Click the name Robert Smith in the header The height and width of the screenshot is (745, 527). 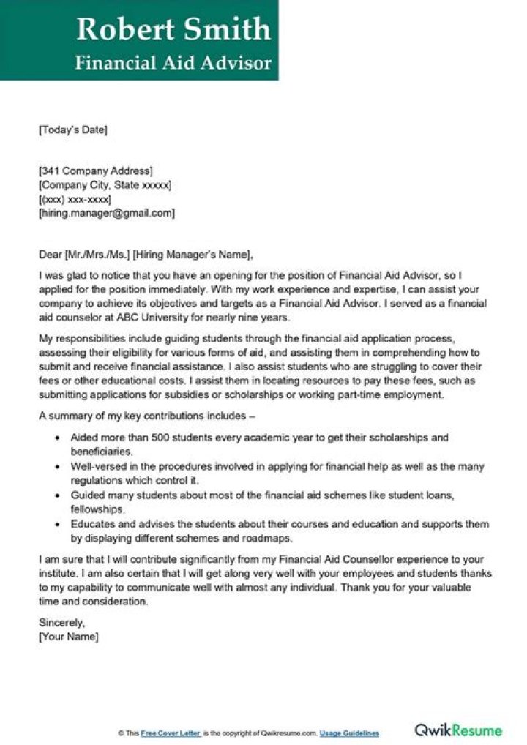173,29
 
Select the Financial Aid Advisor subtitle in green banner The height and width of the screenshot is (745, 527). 173,62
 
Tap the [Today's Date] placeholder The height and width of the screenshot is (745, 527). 72,130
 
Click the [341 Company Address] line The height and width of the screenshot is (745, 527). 95,171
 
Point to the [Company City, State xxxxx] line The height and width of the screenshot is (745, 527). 105,185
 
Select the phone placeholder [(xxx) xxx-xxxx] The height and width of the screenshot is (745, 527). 75,199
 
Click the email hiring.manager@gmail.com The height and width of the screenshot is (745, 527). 107,213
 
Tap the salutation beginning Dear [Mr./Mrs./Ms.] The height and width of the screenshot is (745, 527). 146,255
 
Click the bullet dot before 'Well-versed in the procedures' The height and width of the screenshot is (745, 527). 58,467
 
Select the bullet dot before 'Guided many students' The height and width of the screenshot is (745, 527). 58,496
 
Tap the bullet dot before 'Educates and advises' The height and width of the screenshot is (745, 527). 58,525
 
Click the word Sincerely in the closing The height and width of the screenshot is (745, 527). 61,623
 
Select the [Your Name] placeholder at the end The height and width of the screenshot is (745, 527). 67,637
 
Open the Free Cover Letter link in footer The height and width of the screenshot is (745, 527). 172,733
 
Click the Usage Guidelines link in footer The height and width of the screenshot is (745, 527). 349,733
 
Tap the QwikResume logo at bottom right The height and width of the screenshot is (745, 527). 458,730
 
